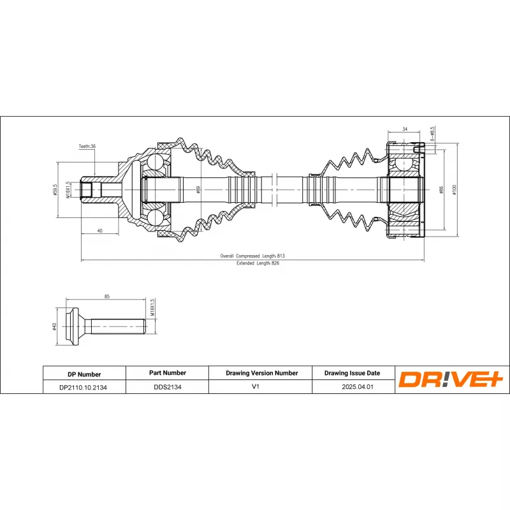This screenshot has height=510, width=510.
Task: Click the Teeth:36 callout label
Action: [87, 147]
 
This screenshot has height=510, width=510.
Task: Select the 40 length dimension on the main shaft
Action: [100, 231]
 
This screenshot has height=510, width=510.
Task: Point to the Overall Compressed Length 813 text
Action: [252, 256]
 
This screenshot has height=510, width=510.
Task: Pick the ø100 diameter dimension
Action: [454, 189]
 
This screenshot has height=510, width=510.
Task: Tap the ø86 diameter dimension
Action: [441, 189]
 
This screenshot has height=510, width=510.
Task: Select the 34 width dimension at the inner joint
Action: [405, 129]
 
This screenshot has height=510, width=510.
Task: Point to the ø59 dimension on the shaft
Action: [198, 189]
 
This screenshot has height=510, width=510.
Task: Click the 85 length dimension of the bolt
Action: [107, 296]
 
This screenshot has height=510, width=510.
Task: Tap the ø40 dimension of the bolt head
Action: [56, 327]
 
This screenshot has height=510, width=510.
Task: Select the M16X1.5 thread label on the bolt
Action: [153, 308]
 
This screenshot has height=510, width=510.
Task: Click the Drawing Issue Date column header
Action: [352, 373]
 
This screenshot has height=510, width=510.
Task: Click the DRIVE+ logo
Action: [451, 379]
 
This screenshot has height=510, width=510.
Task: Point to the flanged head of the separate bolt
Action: [75, 327]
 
